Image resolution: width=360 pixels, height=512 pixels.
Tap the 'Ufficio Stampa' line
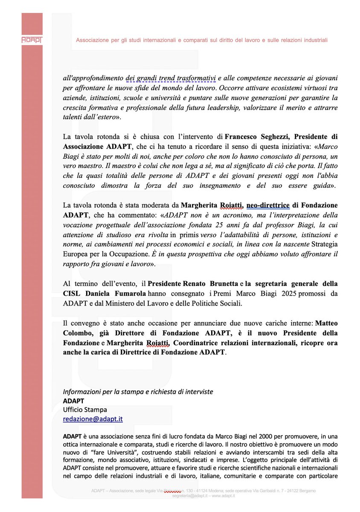pyautogui.click(x=85, y=410)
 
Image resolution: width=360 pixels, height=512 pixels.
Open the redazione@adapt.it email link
pyautogui.click(x=93, y=419)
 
